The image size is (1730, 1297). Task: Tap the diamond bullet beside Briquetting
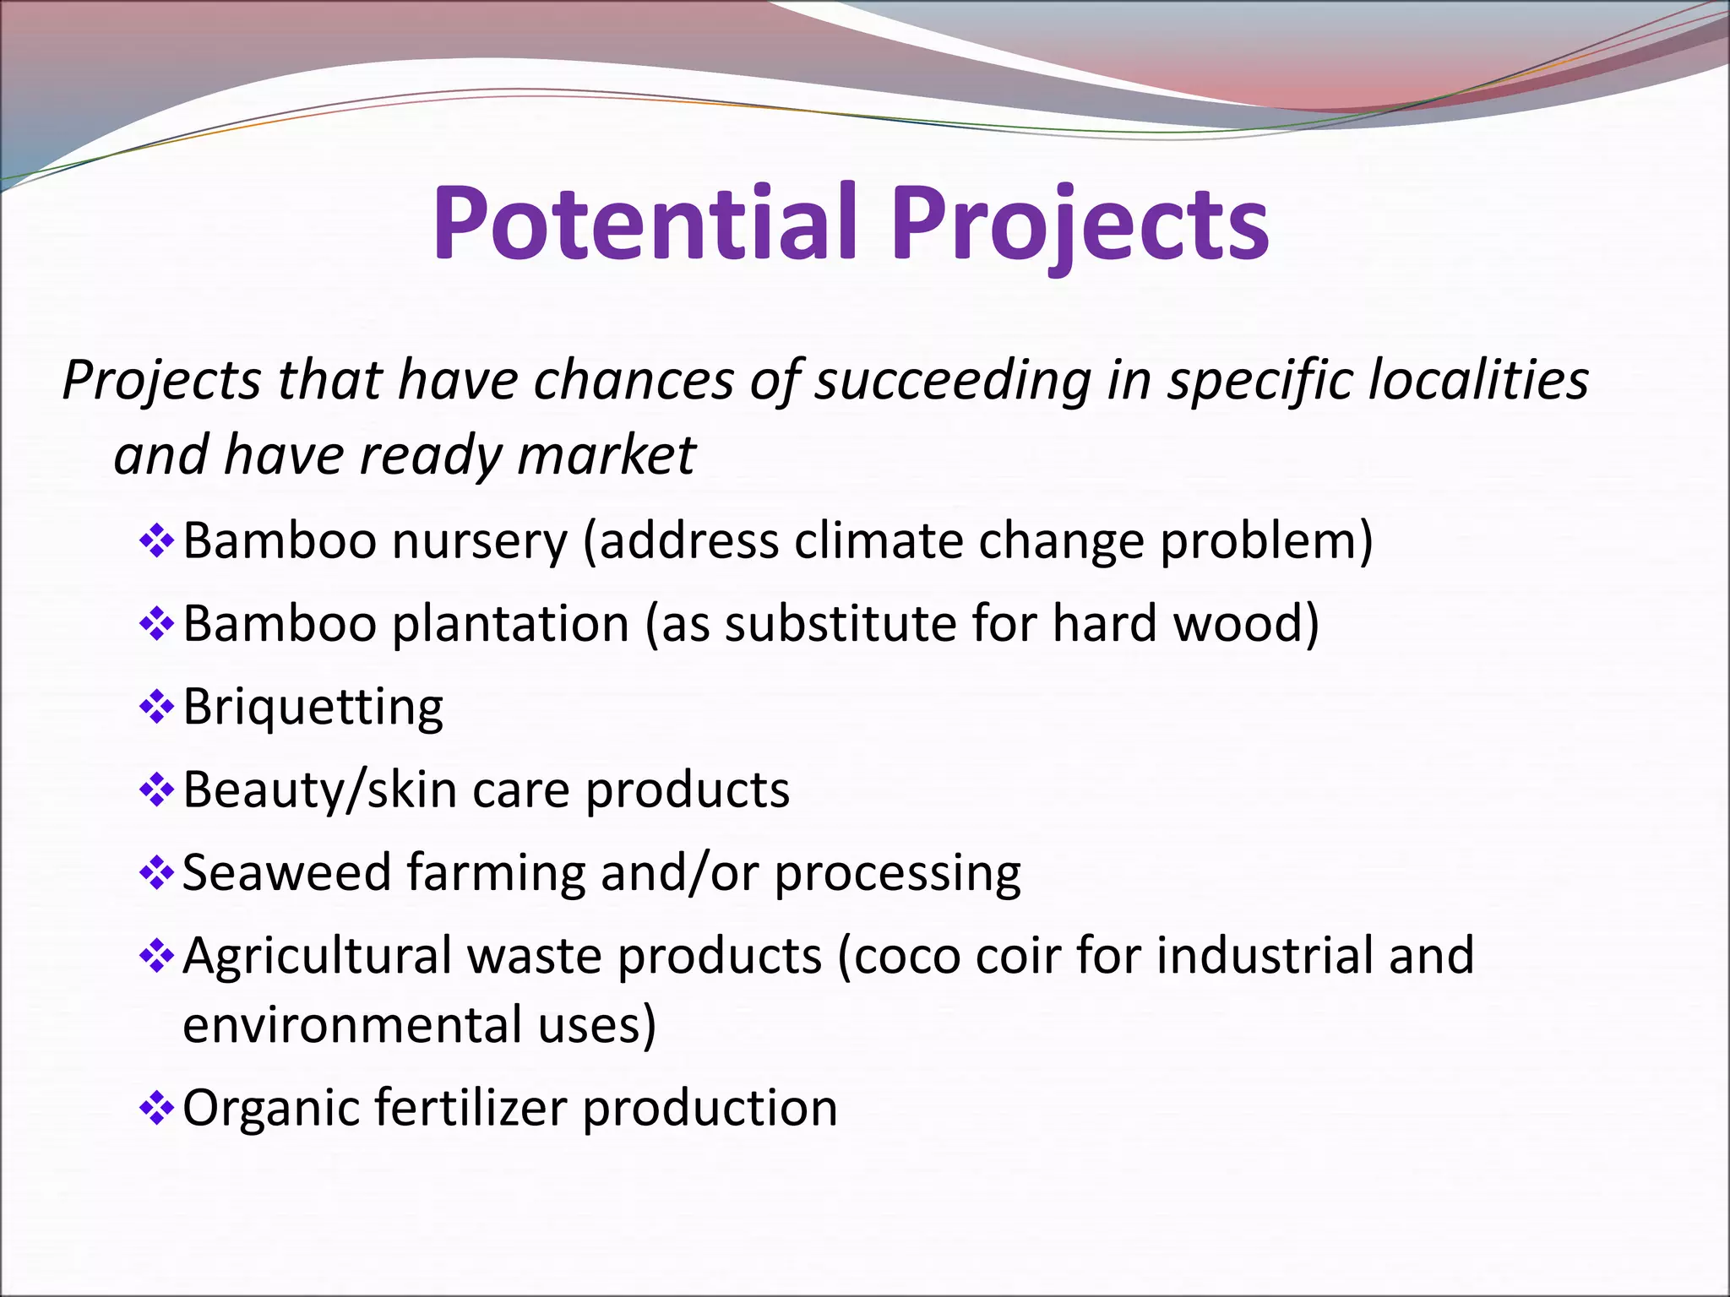(x=156, y=707)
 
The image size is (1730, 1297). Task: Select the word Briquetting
(x=313, y=707)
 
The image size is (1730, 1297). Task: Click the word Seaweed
(x=286, y=872)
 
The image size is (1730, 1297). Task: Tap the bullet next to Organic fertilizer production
(x=156, y=1108)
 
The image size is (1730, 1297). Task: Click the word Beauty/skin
(x=320, y=790)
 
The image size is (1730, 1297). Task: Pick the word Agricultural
(x=317, y=956)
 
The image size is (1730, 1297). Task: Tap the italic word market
(x=606, y=456)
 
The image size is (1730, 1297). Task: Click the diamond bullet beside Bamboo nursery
(x=156, y=541)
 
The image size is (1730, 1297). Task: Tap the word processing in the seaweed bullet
(x=897, y=874)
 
